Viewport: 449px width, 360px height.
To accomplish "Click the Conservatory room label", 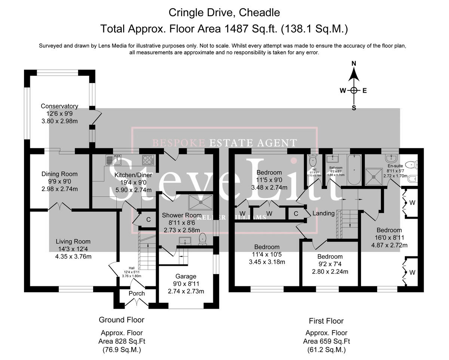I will (x=59, y=106).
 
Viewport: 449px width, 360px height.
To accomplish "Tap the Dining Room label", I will (x=59, y=174).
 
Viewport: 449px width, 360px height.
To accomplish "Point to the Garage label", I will (x=186, y=276).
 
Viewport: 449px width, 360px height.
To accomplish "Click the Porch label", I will (x=137, y=293).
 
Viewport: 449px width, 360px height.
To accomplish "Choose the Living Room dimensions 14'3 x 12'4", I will (x=73, y=249).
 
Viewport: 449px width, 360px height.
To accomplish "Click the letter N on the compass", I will (x=354, y=64).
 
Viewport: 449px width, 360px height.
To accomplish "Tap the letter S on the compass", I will (x=354, y=108).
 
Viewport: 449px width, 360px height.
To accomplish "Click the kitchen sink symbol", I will (x=112, y=160).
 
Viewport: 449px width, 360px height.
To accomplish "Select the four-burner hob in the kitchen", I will (x=147, y=160).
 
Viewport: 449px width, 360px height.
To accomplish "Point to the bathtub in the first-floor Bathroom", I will (x=354, y=170).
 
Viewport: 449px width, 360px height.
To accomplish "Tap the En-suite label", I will (x=395, y=166).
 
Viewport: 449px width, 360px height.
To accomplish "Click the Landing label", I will (x=323, y=213).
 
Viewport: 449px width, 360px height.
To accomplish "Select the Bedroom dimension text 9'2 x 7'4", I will (x=330, y=264).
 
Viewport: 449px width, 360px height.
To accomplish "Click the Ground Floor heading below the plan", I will (x=121, y=320).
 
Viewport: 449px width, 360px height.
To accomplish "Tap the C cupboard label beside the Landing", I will (x=296, y=213).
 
